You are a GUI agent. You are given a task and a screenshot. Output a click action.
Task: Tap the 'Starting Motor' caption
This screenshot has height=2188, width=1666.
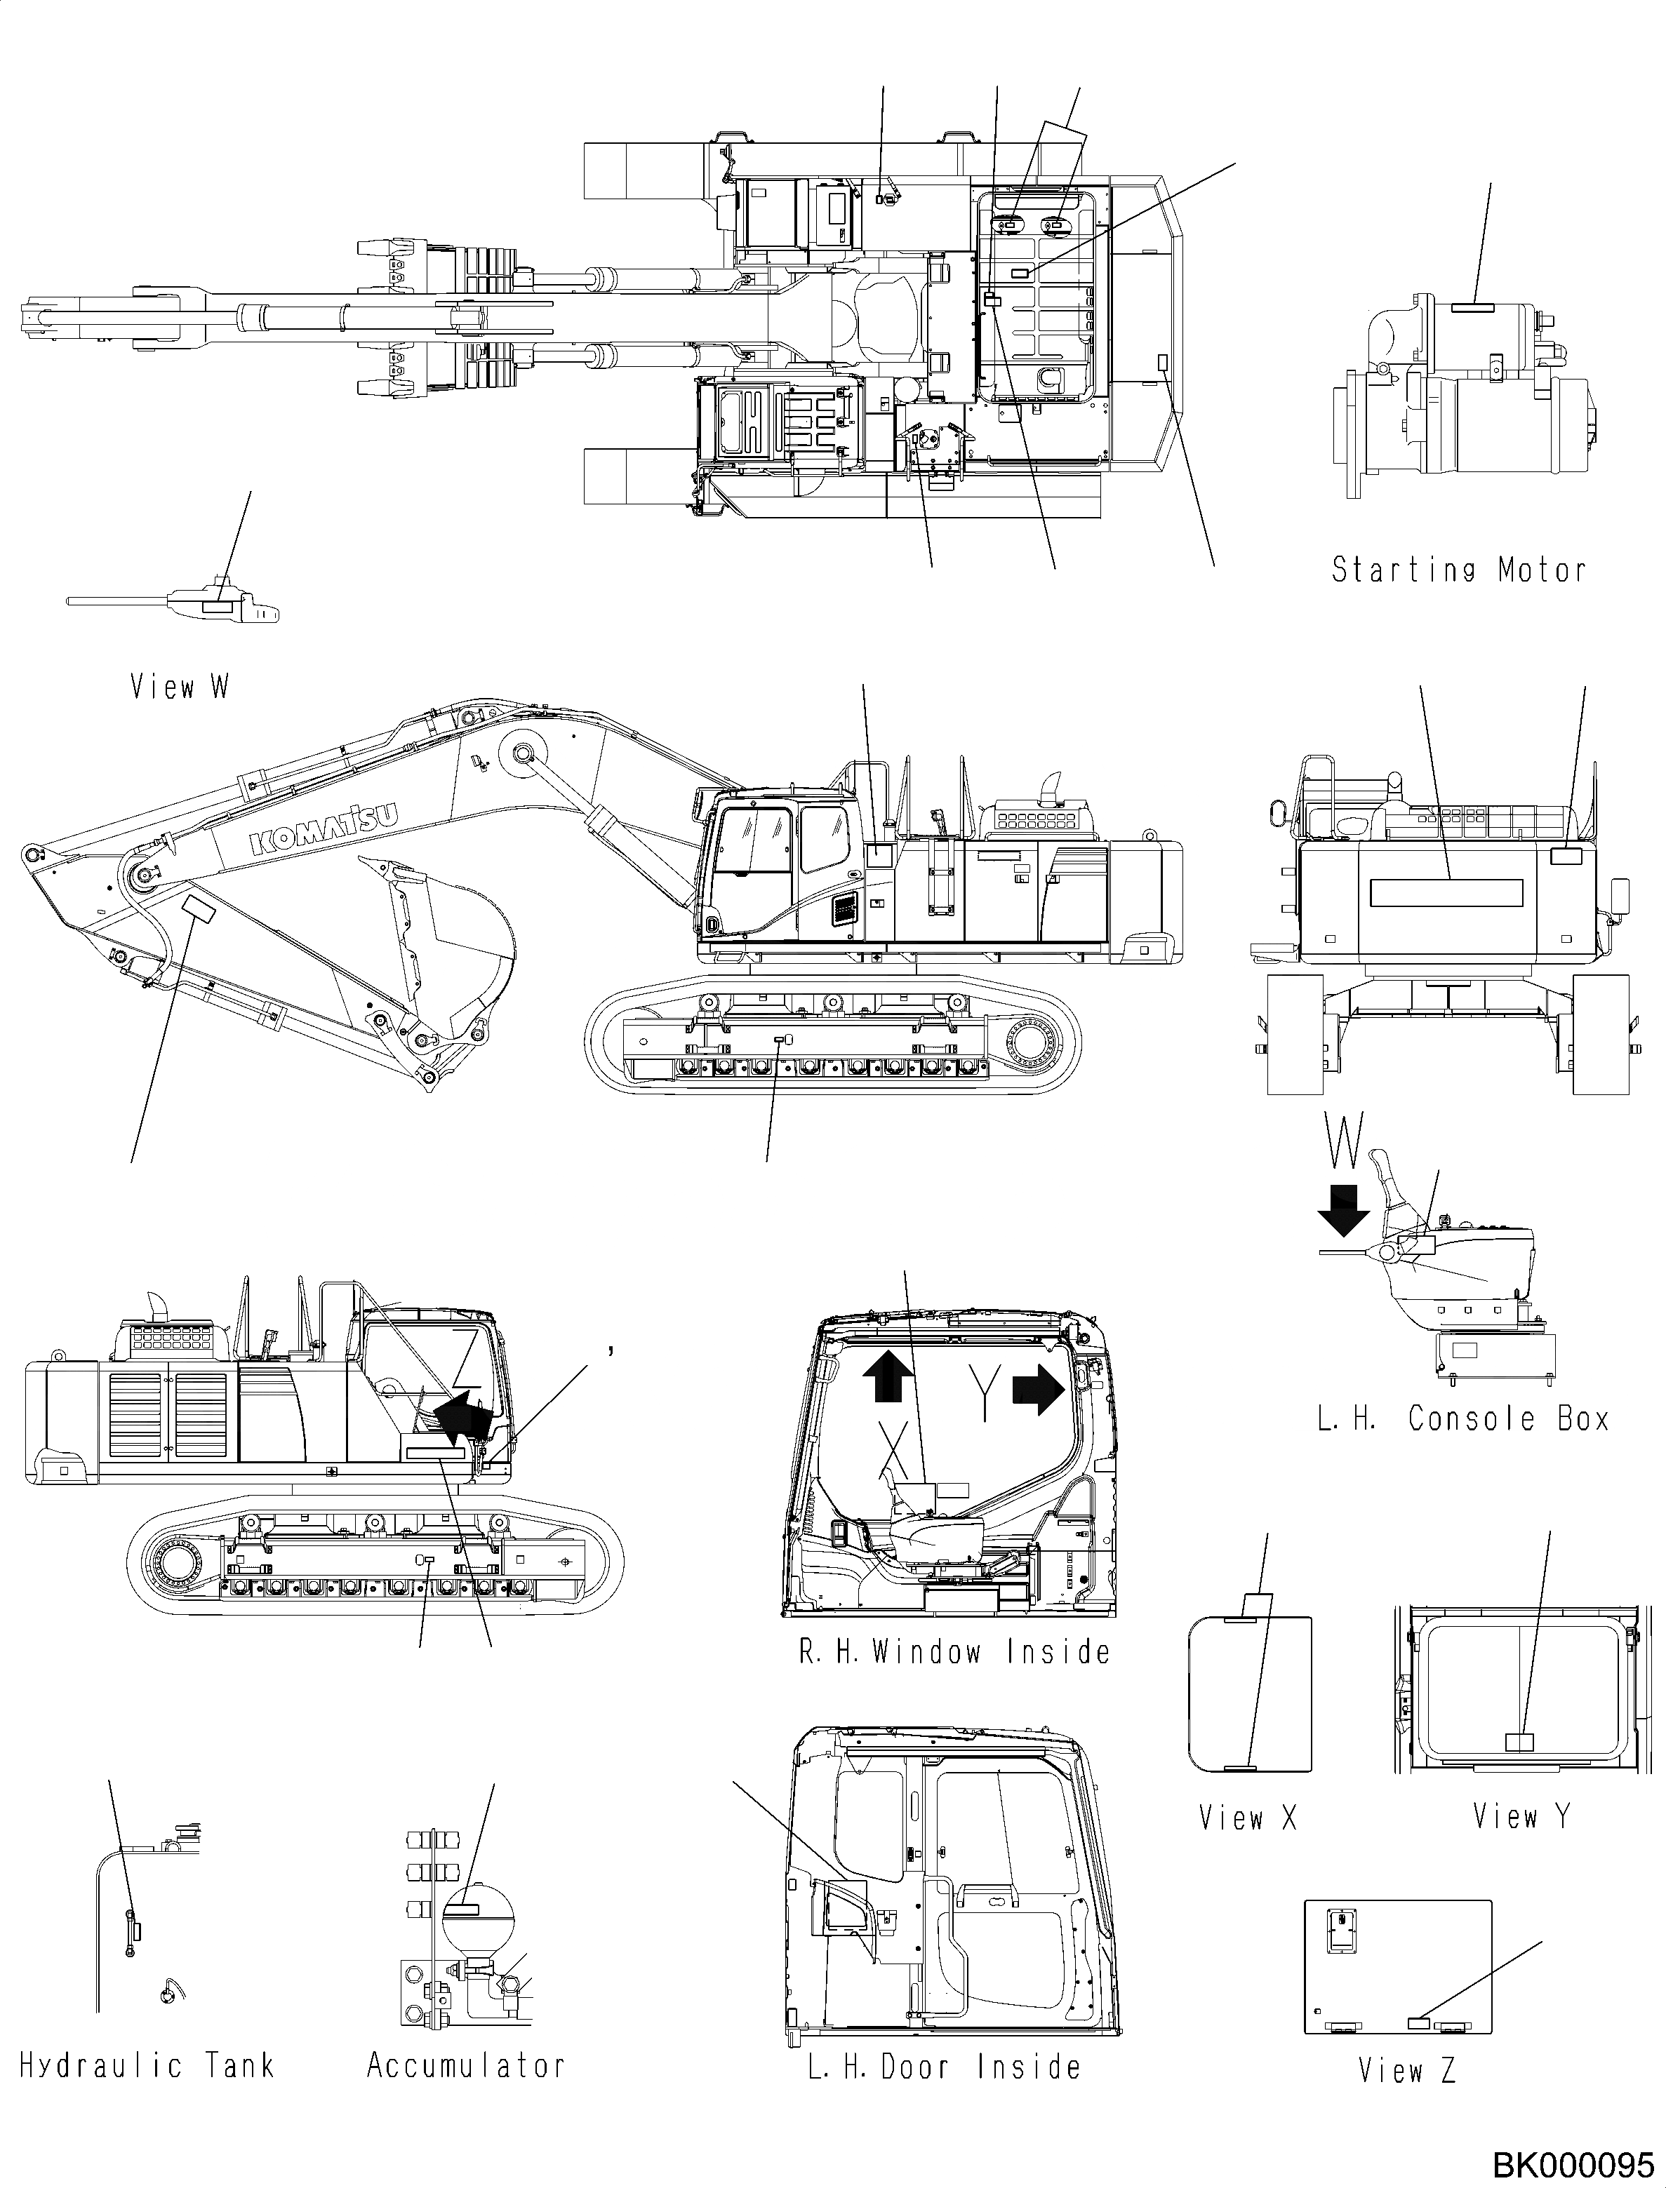click(x=1458, y=570)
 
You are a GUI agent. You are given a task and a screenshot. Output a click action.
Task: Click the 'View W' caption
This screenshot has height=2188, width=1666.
click(x=180, y=686)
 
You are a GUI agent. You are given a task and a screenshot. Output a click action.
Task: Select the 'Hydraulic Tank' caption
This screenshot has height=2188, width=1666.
click(x=147, y=2065)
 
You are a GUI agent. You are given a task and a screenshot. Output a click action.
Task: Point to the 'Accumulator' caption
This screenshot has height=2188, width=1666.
click(x=465, y=2065)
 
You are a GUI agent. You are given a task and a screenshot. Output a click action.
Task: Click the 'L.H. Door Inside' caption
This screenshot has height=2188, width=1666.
click(x=944, y=2067)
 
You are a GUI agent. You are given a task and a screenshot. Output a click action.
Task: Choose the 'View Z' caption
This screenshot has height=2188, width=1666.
click(x=1406, y=2071)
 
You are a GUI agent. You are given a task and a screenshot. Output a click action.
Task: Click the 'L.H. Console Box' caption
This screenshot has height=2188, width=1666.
click(x=1462, y=1418)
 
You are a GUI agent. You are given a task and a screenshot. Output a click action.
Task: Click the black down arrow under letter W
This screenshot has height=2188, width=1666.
click(x=1344, y=1211)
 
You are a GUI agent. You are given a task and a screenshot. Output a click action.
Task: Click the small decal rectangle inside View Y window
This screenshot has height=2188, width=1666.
click(x=1518, y=1742)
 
